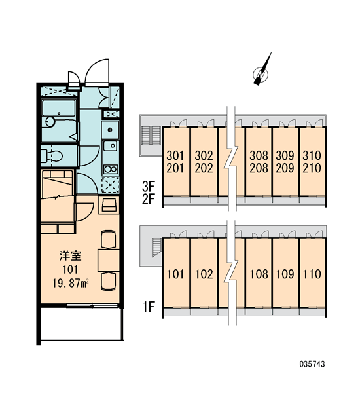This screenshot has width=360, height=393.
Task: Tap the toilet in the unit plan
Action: click(52, 156)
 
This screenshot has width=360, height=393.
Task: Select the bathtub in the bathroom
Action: click(59, 108)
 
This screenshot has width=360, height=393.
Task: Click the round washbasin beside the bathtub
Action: click(50, 122)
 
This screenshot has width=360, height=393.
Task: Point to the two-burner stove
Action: click(111, 169)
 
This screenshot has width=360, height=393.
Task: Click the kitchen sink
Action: click(110, 145)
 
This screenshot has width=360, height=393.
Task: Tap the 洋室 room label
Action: click(71, 256)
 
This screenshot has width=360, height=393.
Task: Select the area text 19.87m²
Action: click(71, 284)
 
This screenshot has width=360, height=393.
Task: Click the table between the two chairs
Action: click(108, 260)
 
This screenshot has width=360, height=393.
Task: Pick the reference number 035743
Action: click(312, 364)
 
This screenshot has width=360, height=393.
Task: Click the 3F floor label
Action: click(149, 186)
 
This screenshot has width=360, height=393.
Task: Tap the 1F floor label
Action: click(149, 307)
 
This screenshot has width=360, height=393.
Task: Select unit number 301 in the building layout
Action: click(175, 155)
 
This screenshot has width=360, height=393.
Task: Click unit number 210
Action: click(312, 168)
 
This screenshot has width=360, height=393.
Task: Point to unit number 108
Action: click(259, 274)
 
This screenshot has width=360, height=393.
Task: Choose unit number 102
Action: click(204, 274)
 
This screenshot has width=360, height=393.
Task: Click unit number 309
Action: click(285, 155)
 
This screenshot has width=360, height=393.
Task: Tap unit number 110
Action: click(312, 274)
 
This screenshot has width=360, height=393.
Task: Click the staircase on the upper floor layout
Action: click(151, 135)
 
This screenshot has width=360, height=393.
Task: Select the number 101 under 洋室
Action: click(70, 269)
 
